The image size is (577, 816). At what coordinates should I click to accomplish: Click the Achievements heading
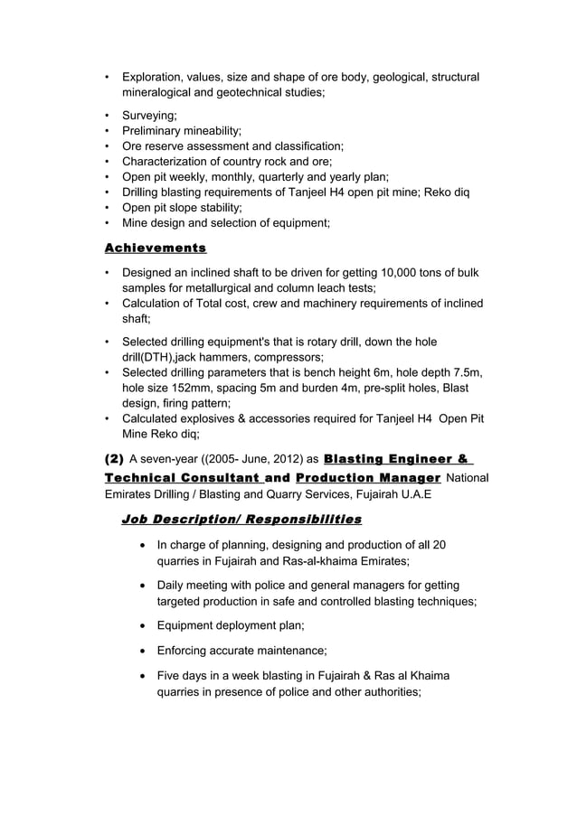point(156,248)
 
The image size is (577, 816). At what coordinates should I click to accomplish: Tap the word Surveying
point(149,115)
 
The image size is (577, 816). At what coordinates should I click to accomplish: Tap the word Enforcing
point(186,650)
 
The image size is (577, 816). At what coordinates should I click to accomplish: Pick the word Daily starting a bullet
point(173,586)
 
